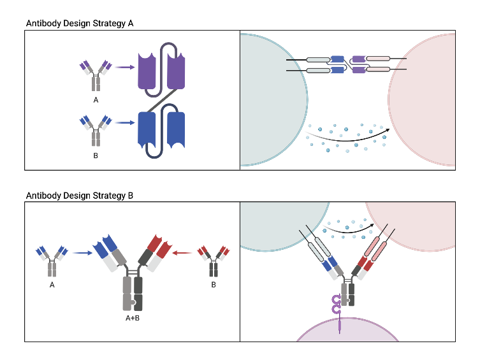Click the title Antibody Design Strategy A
(x=79, y=23)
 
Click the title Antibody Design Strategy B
(x=79, y=196)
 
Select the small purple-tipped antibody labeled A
(x=96, y=76)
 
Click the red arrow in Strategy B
(x=183, y=253)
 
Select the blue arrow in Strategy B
(x=81, y=253)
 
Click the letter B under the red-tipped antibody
(x=214, y=285)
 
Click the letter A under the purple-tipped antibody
(x=96, y=100)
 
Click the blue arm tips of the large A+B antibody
(x=106, y=245)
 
